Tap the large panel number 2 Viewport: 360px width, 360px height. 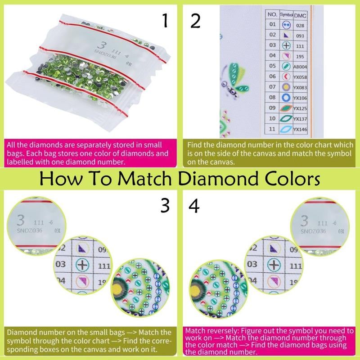(x=195, y=21)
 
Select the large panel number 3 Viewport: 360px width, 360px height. (x=165, y=206)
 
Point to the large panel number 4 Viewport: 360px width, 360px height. (x=195, y=206)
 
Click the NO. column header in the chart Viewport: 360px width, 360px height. (x=272, y=14)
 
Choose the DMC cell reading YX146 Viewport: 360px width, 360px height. (x=301, y=130)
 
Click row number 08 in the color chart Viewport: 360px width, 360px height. (x=272, y=98)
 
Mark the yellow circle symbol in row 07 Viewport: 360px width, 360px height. (x=286, y=87)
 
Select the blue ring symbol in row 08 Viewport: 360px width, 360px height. (x=286, y=98)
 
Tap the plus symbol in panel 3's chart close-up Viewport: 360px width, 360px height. (x=81, y=265)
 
